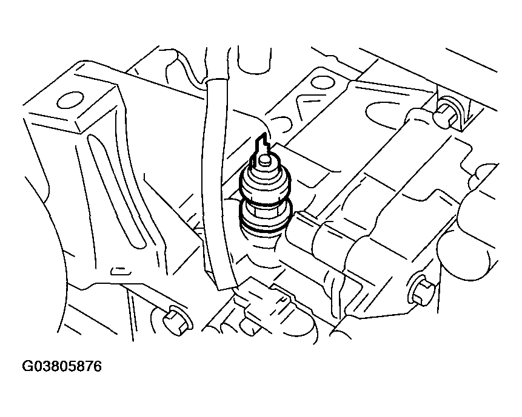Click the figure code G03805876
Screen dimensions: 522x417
[x=62, y=367]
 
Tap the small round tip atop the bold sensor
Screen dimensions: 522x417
[x=264, y=160]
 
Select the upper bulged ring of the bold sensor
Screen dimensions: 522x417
[x=266, y=185]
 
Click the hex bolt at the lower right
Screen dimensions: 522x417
[x=423, y=291]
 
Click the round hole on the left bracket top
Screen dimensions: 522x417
[x=70, y=100]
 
